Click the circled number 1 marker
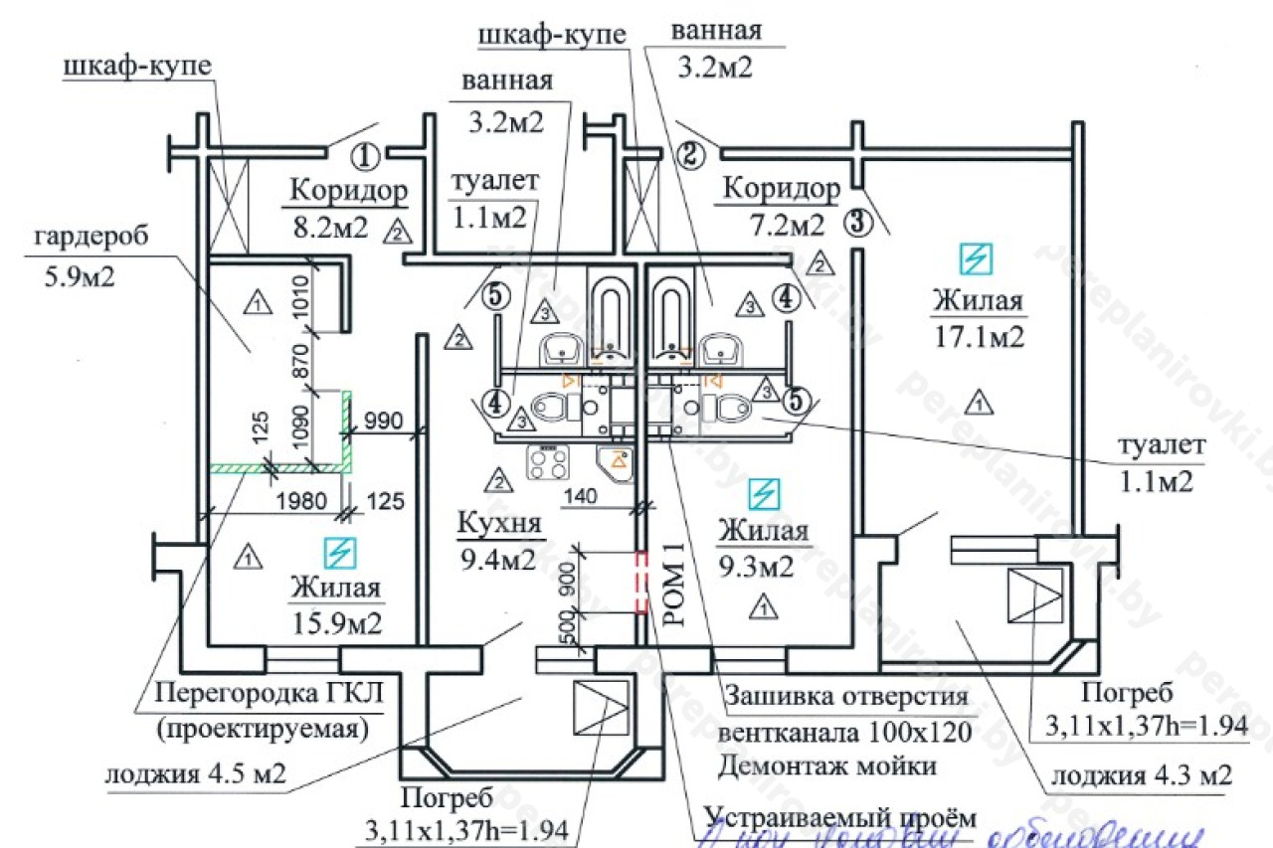[366, 156]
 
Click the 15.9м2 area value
[336, 623]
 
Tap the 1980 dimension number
[301, 501]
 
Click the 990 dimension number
[386, 421]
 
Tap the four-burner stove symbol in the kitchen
[548, 461]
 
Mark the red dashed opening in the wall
[641, 584]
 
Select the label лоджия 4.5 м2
[196, 773]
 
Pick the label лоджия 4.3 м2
[1142, 775]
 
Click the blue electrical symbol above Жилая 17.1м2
[975, 258]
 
